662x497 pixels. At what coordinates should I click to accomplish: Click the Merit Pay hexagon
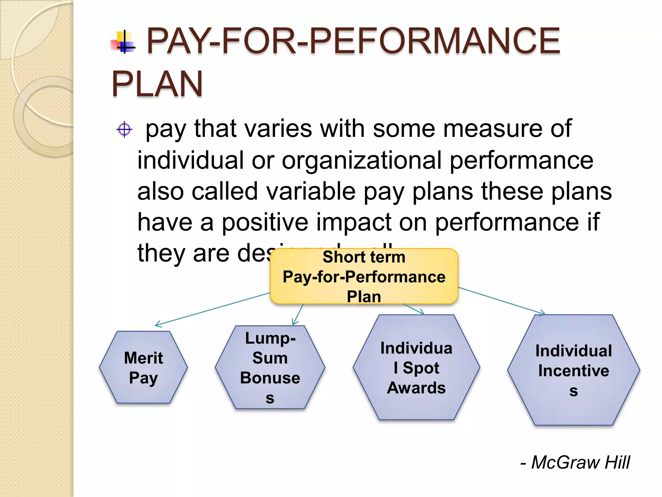coord(143,367)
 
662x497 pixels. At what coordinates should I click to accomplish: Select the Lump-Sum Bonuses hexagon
coord(270,367)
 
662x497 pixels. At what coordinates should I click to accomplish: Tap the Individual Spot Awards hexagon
coord(416,367)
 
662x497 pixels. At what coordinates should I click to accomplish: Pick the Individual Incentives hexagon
coord(573,370)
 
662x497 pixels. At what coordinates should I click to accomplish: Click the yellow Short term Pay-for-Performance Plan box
coord(364,276)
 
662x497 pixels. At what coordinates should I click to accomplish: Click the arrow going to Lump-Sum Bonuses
coord(298,315)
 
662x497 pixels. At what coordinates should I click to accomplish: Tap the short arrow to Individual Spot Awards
coord(413,309)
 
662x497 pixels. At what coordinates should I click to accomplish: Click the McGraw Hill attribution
coord(575,462)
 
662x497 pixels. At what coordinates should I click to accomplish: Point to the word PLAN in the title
coord(157,84)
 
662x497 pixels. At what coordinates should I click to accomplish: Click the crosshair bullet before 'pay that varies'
coord(124,130)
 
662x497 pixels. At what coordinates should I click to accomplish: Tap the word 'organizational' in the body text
coord(362,160)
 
